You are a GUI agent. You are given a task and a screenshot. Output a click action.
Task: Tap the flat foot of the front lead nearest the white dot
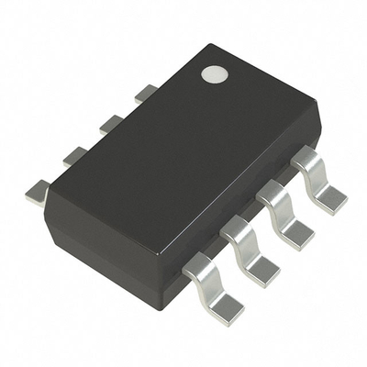click(332, 198)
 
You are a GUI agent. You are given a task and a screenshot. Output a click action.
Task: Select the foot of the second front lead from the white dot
click(297, 232)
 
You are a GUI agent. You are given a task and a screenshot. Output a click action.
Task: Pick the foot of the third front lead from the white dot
click(262, 269)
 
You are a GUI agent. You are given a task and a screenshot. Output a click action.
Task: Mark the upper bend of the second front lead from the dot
click(272, 193)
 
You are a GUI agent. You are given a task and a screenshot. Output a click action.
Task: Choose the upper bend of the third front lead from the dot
click(237, 229)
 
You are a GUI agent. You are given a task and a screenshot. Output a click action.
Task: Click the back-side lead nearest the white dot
click(145, 93)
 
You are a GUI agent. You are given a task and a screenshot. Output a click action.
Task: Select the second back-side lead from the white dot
click(111, 123)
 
